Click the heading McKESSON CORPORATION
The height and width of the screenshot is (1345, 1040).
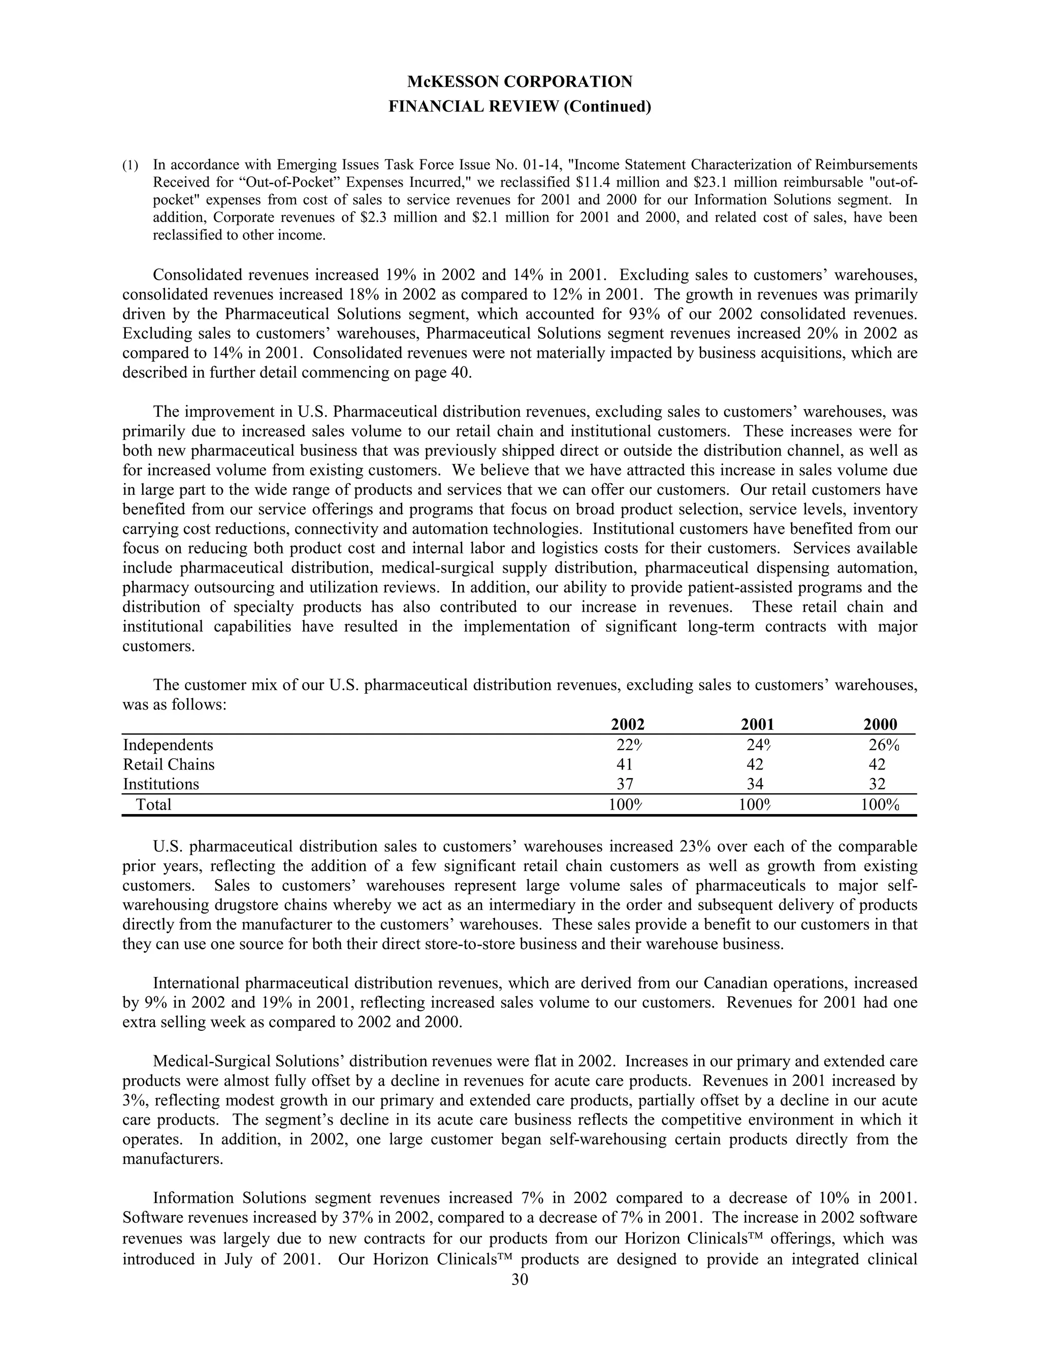[x=519, y=81]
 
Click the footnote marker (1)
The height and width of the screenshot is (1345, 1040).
[x=130, y=165]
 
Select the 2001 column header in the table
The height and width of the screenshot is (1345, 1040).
[x=757, y=724]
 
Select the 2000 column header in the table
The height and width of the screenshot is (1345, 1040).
[x=881, y=724]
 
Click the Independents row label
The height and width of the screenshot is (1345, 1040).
[x=168, y=745]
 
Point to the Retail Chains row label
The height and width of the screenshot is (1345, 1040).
[x=169, y=765]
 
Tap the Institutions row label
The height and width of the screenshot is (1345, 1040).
[x=161, y=785]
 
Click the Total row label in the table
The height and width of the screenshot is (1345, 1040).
[x=153, y=805]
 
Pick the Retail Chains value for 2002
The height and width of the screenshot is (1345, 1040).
[x=625, y=765]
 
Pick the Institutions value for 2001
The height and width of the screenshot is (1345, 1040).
[x=755, y=785]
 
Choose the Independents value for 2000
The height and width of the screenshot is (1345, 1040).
[x=884, y=745]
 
